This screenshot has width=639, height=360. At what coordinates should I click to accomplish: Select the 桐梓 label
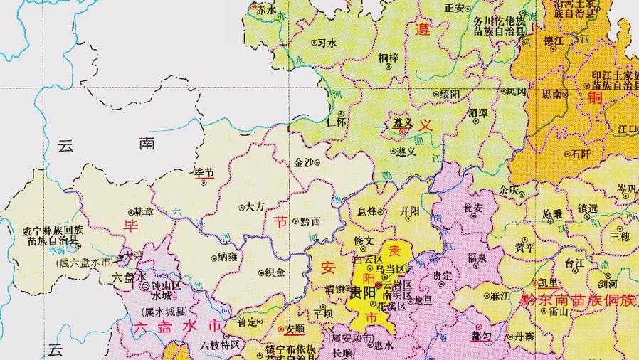(x=389, y=58)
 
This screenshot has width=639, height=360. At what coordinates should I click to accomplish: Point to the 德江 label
(x=554, y=41)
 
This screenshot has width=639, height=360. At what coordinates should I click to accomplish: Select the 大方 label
(x=254, y=207)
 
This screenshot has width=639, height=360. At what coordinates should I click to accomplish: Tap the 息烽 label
(x=367, y=211)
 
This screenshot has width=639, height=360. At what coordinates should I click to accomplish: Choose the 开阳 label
(x=411, y=211)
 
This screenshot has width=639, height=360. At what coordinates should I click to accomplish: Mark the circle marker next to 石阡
(x=567, y=153)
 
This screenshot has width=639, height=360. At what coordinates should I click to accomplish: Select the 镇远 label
(x=588, y=208)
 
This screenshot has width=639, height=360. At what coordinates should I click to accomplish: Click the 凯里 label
(x=548, y=282)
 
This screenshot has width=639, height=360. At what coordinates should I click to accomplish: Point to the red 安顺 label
(x=295, y=329)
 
